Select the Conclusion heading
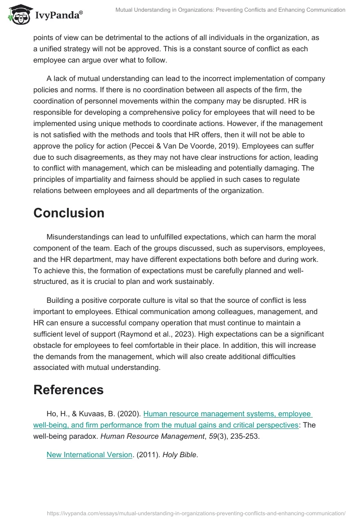point(69,212)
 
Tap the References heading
point(68,389)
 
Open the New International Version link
point(90,454)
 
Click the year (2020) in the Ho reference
point(129,414)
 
